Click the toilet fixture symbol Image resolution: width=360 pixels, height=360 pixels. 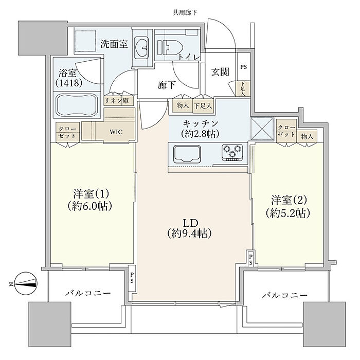[x=170, y=47]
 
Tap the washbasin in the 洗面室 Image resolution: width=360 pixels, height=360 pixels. [x=141, y=47]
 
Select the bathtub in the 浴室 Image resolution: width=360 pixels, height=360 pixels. [x=77, y=105]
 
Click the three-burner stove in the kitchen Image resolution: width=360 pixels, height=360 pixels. [x=232, y=152]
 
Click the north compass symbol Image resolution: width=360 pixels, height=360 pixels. [x=26, y=283]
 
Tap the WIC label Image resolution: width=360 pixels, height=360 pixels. [x=116, y=132]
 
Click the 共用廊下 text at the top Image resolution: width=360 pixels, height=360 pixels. [x=185, y=12]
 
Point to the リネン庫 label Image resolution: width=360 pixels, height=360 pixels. [x=116, y=101]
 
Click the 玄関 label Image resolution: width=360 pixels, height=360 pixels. [x=220, y=72]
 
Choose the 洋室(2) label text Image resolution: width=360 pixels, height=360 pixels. [x=289, y=200]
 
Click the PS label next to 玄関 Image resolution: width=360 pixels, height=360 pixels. [x=244, y=67]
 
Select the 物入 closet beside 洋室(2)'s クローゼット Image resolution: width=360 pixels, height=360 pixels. [x=307, y=136]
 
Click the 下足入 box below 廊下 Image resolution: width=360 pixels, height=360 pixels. [x=203, y=106]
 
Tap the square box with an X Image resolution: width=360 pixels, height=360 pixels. [x=262, y=129]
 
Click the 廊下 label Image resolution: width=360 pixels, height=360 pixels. [x=167, y=85]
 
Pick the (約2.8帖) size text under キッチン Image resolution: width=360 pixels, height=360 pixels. [x=200, y=133]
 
